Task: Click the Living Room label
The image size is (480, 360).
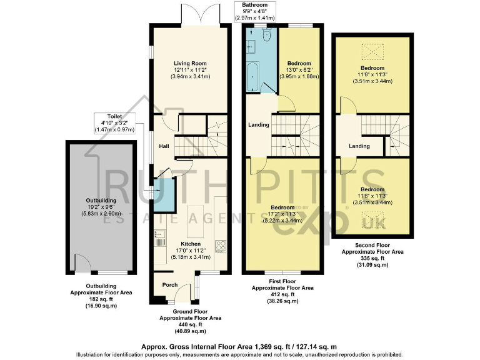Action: (x=190, y=63)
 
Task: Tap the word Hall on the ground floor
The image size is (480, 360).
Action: (x=164, y=146)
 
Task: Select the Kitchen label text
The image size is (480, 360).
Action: (x=191, y=244)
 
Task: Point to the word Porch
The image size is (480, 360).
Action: (x=170, y=285)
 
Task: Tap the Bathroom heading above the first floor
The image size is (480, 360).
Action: (x=254, y=4)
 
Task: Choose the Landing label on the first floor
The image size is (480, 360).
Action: (x=258, y=125)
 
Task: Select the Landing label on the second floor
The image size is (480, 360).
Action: (x=359, y=146)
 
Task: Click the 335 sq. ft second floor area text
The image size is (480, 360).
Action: (x=371, y=258)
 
